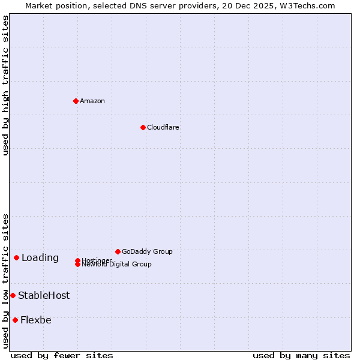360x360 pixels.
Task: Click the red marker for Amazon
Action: [76, 101]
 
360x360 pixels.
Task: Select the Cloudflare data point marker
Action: [143, 127]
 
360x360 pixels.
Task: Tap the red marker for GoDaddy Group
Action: [118, 251]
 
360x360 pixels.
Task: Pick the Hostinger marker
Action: [78, 260]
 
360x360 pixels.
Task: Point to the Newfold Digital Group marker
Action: [78, 265]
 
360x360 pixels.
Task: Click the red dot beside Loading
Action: [16, 258]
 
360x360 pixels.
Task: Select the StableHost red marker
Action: [13, 295]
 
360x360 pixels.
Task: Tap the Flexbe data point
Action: [15, 320]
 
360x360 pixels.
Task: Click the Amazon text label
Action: [92, 101]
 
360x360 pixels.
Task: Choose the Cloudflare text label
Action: [163, 127]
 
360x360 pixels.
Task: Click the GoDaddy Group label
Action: [147, 251]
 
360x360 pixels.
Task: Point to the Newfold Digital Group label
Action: [117, 265]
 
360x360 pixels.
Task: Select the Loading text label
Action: [40, 258]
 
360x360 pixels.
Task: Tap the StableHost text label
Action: [44, 295]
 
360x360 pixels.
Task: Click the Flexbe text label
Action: [36, 320]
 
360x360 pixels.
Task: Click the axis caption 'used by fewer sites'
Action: [62, 355]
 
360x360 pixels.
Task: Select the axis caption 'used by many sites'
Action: [301, 355]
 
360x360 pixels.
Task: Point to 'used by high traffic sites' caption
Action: [5, 85]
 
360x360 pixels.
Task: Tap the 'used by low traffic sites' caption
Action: [5, 281]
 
